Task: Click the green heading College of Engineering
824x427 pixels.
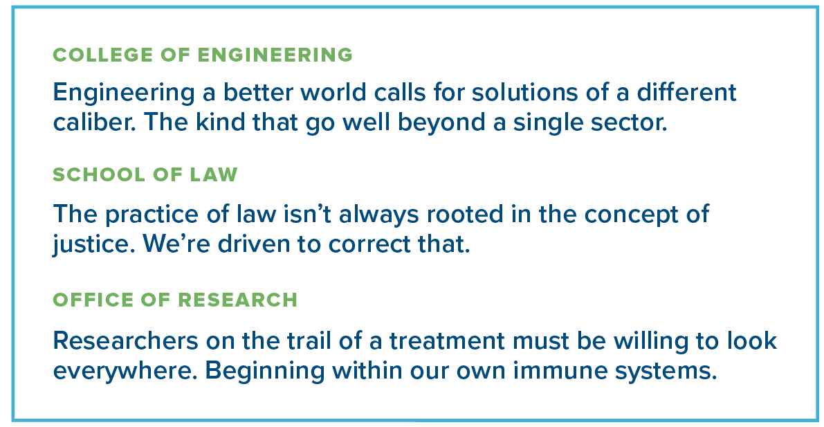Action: pos(203,55)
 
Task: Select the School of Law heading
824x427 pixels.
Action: pos(145,174)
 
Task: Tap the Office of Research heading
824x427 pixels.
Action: pos(175,300)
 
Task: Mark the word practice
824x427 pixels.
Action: pos(150,215)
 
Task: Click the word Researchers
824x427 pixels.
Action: pos(126,340)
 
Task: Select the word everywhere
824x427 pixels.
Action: pos(125,371)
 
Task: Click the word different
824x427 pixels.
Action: pos(686,93)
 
